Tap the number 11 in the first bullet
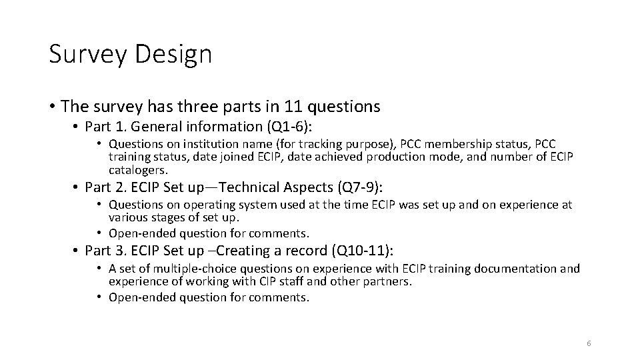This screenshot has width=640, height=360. (293, 106)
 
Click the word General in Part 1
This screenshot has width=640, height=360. (155, 126)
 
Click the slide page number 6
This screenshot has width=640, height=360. (589, 343)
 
